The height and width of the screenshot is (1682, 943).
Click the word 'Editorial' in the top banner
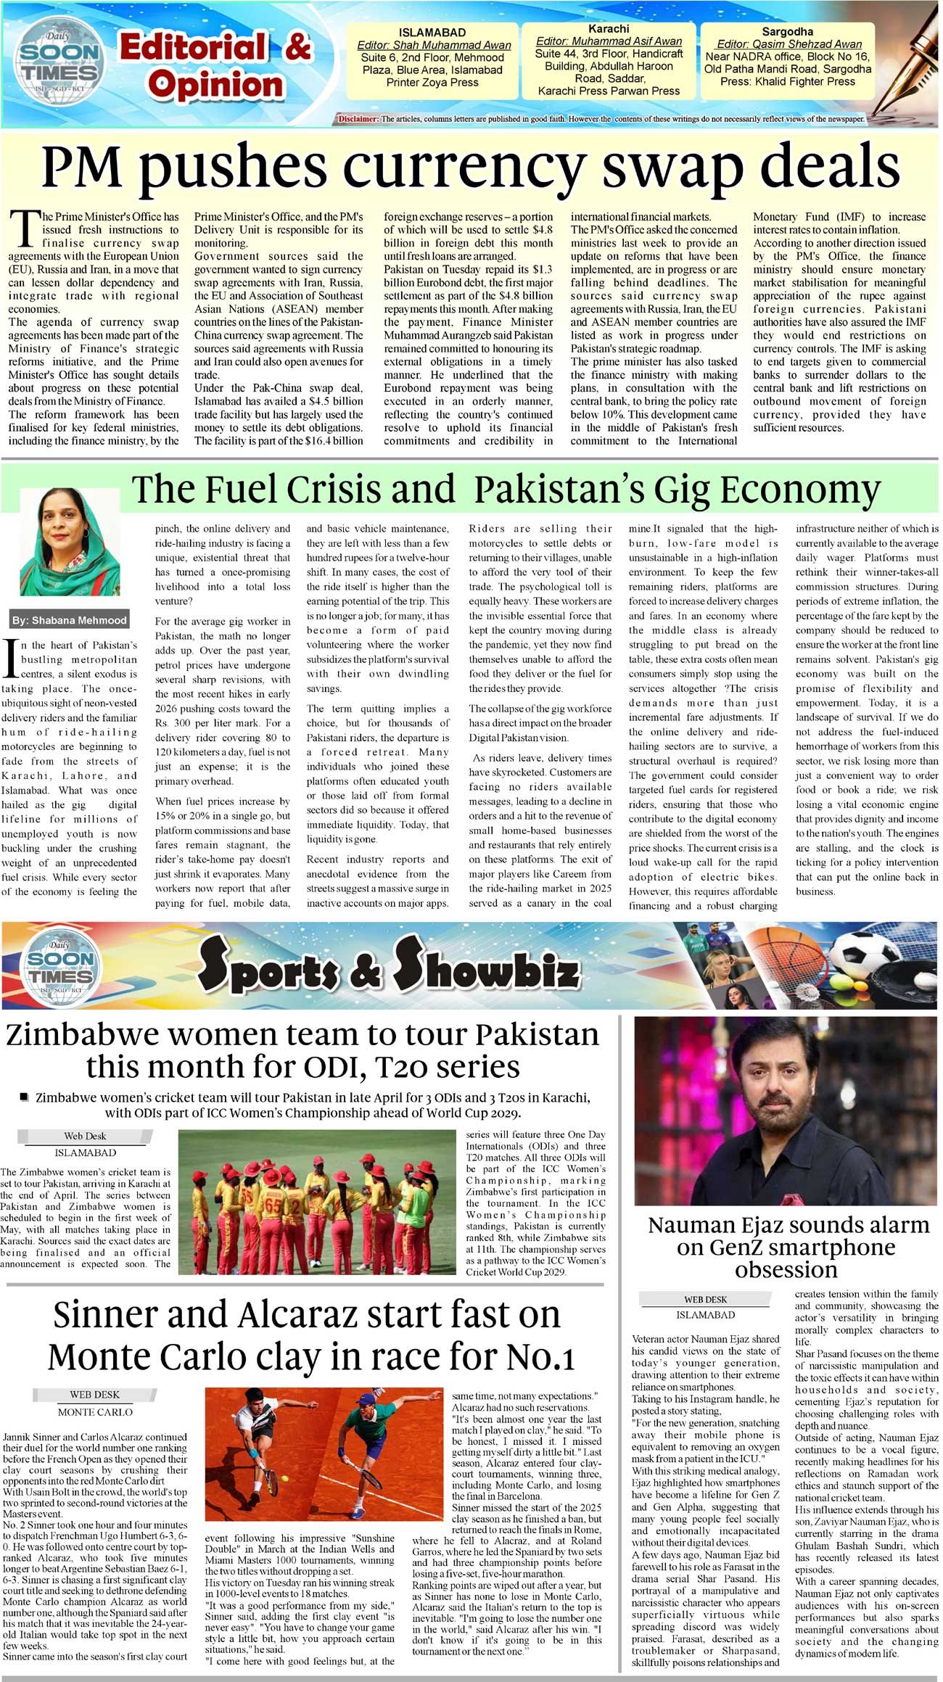point(192,48)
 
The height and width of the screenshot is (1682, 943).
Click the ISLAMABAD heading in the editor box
point(432,33)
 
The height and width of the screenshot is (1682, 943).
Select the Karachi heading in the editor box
point(609,29)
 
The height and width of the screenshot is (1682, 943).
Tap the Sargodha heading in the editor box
point(787,32)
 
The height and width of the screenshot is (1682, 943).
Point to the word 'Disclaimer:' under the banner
point(358,119)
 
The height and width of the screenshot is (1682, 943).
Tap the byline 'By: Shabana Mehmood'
point(70,620)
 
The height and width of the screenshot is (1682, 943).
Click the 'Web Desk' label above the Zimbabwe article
point(85,1137)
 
